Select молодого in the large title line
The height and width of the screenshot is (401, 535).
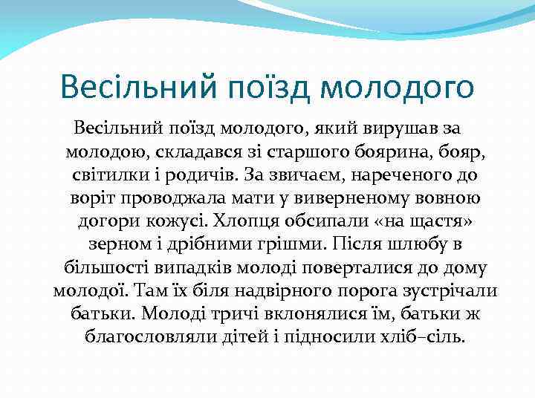(x=398, y=88)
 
